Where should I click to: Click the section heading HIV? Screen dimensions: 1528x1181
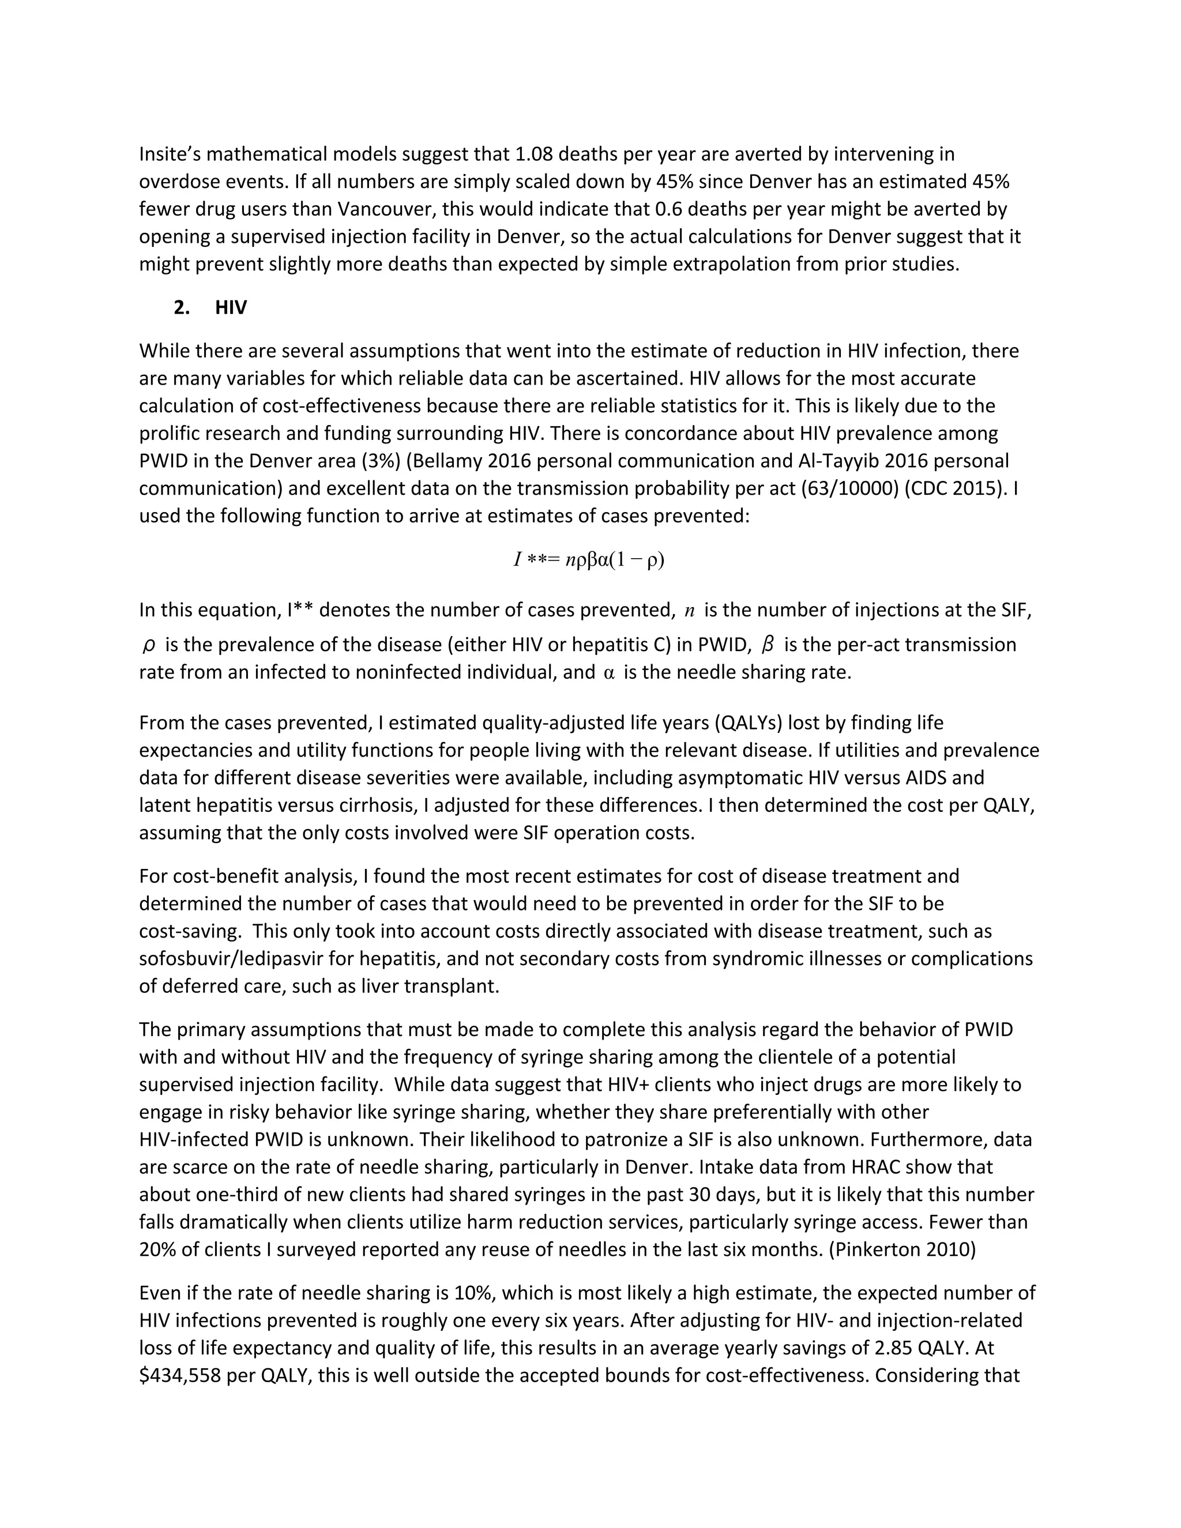click(231, 308)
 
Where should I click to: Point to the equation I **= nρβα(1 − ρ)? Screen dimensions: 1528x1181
click(589, 560)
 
